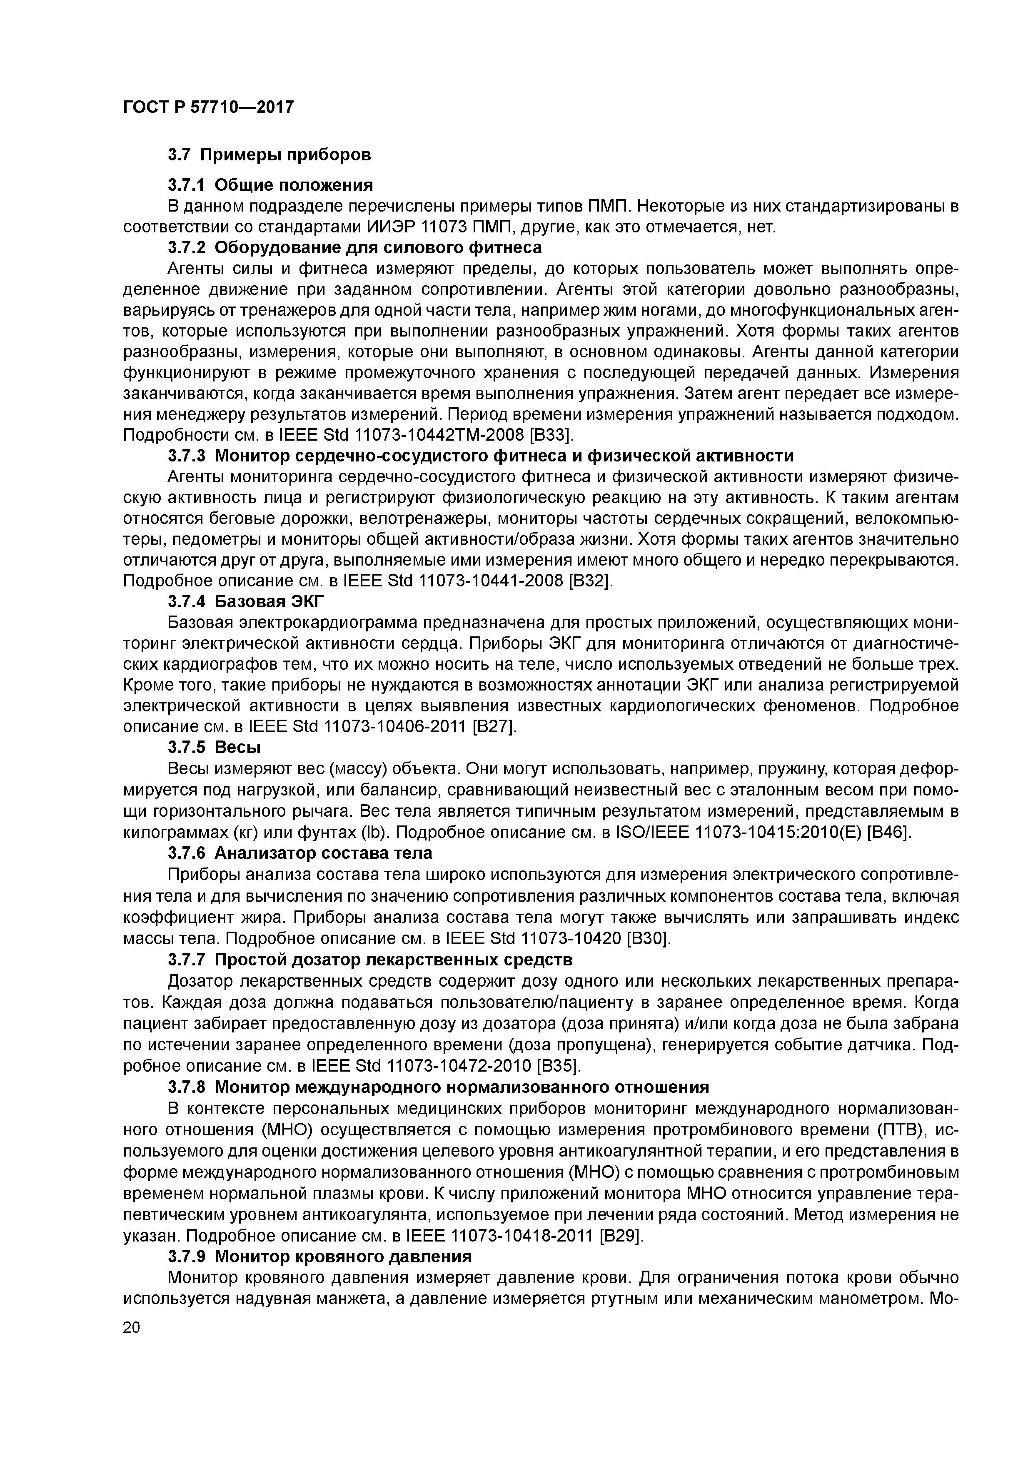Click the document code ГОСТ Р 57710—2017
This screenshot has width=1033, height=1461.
[208, 107]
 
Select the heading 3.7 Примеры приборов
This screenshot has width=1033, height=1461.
[269, 155]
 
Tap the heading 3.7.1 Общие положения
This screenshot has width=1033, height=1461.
[270, 185]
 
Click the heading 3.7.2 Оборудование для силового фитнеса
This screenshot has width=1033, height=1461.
[354, 247]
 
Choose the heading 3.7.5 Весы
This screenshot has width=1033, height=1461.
[215, 746]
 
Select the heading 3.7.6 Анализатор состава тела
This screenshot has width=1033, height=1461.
[300, 852]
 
